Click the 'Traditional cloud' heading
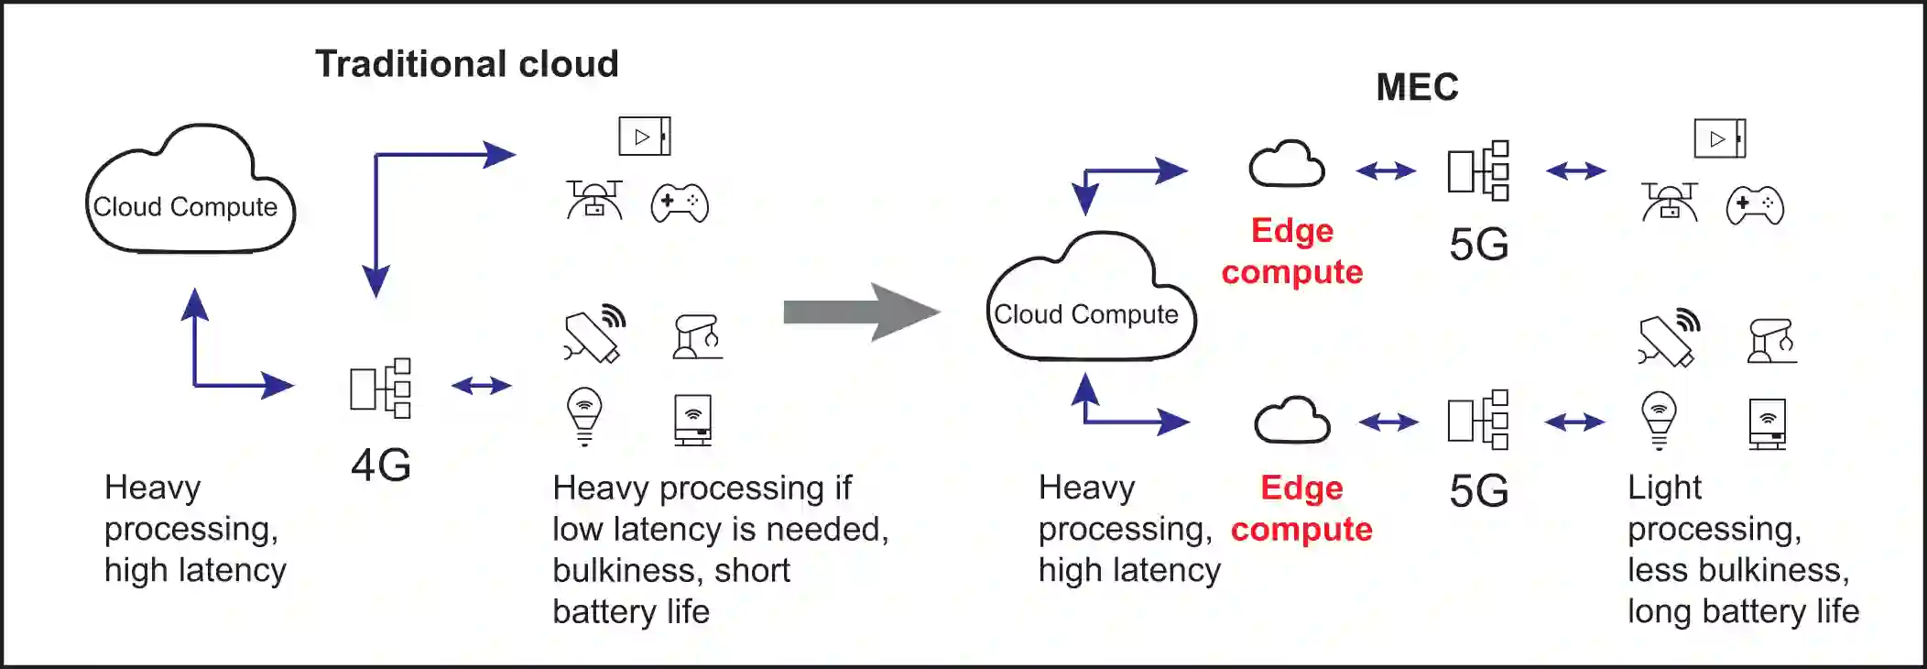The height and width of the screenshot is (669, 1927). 467,64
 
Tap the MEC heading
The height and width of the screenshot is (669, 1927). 1417,87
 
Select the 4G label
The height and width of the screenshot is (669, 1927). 381,465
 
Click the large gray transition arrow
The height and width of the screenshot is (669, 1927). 861,313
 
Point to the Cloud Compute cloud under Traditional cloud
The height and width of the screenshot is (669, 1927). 190,192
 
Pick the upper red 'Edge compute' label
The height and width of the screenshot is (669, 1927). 1292,251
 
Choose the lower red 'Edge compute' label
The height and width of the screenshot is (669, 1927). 1301,509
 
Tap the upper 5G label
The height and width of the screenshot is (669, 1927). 1479,245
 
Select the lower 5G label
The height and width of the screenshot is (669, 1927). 1479,491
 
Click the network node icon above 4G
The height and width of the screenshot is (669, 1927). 381,388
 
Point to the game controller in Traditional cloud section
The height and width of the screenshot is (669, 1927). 680,203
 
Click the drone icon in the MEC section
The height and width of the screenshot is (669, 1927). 1669,203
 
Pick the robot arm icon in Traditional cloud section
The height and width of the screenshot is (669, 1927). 697,337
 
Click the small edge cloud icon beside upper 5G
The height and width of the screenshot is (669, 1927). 1287,165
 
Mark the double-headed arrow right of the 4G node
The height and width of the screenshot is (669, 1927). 482,386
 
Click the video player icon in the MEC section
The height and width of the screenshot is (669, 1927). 1719,138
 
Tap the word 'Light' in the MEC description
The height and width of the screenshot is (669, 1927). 1664,488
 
